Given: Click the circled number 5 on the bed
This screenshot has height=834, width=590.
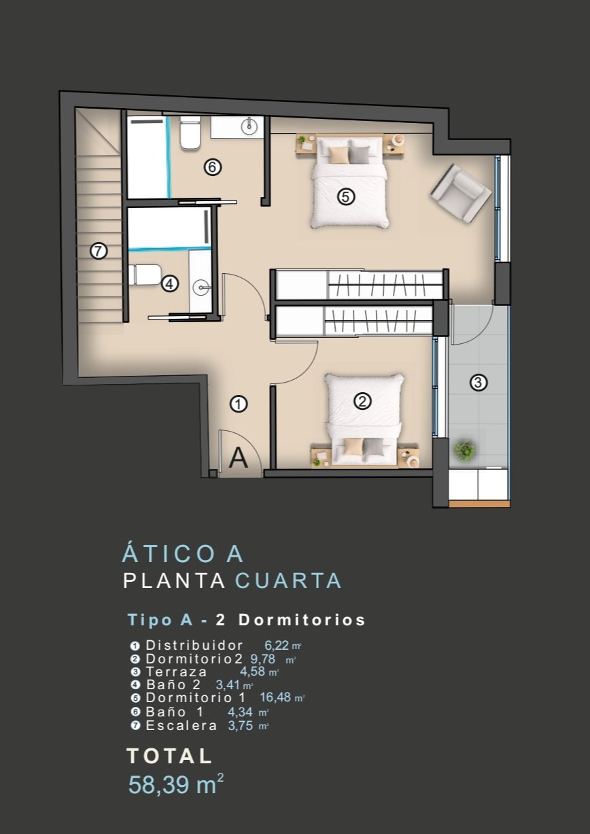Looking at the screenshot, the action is [346, 196].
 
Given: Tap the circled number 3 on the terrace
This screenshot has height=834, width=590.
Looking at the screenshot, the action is [479, 383].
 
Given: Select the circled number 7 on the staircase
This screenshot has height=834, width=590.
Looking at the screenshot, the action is [99, 251].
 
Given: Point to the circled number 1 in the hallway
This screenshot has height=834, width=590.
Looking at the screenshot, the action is [239, 404].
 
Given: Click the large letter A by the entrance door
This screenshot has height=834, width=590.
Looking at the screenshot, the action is [238, 458].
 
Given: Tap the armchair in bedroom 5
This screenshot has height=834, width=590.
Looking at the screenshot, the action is [461, 194].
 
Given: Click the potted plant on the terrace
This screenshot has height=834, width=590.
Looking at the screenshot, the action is [464, 450].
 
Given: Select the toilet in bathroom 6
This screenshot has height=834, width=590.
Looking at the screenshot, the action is [190, 133].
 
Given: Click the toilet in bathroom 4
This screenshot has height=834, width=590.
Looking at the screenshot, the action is [144, 275].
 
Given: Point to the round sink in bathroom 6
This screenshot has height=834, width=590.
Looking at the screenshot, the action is [249, 126].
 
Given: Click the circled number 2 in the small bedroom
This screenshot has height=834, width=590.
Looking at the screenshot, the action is [362, 401].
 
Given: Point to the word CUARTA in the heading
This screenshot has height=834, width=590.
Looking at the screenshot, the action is [288, 581].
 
